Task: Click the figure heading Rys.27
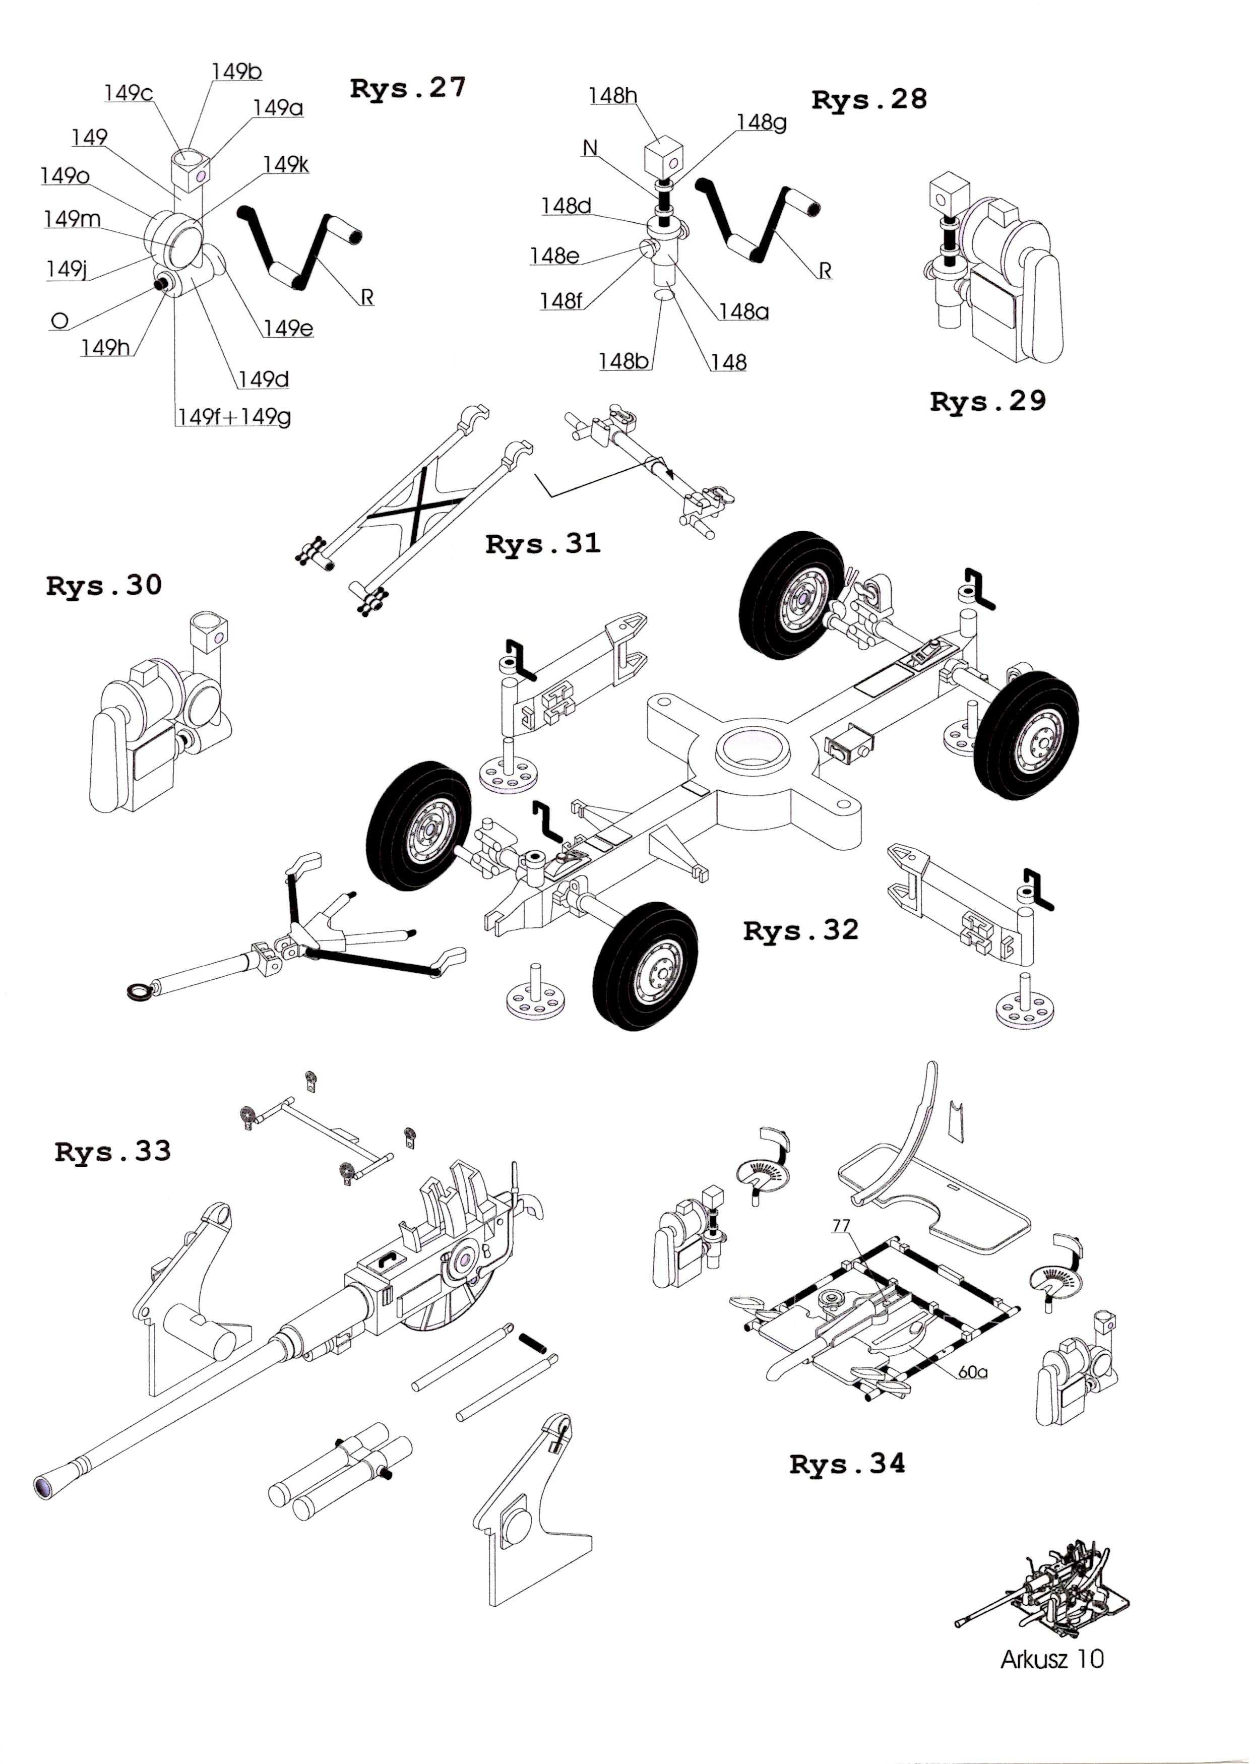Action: point(408,88)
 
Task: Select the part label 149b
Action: point(237,72)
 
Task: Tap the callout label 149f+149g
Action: point(234,417)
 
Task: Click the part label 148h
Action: point(613,95)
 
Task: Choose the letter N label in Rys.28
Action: point(590,148)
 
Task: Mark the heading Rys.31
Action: point(543,544)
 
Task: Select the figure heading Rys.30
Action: point(104,586)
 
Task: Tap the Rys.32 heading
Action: point(800,930)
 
